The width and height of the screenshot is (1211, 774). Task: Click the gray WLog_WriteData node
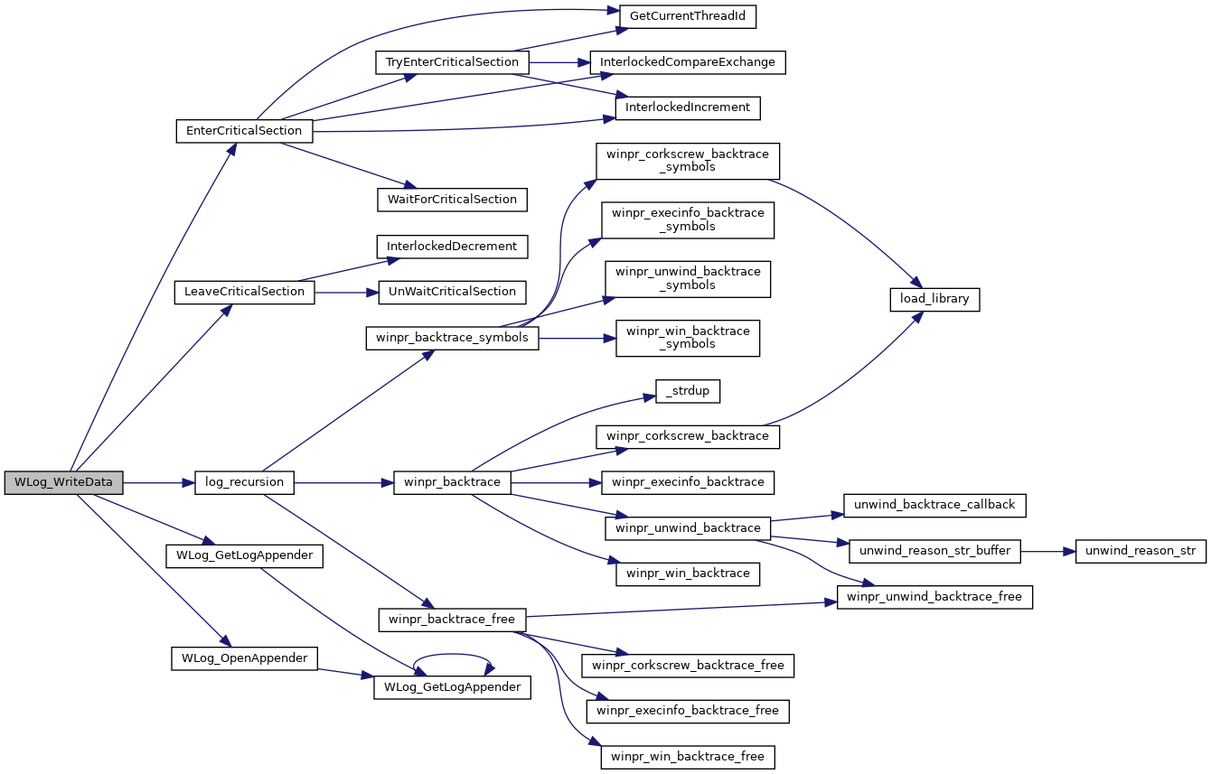pyautogui.click(x=64, y=482)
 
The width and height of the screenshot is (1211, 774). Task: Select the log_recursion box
pyautogui.click(x=244, y=482)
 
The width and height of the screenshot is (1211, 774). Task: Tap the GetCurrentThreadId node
pyautogui.click(x=687, y=17)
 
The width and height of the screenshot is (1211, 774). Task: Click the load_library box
pyautogui.click(x=934, y=299)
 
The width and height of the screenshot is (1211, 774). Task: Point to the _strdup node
pyautogui.click(x=688, y=391)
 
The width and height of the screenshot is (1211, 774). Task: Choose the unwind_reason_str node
pyautogui.click(x=1141, y=552)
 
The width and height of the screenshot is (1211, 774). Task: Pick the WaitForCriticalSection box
pyautogui.click(x=452, y=200)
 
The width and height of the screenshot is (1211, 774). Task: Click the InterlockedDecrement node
pyautogui.click(x=452, y=247)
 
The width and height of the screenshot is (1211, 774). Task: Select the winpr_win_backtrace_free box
pyautogui.click(x=688, y=757)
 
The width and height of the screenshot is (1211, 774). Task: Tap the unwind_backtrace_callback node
pyautogui.click(x=934, y=506)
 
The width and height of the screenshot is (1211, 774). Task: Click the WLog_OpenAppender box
pyautogui.click(x=244, y=658)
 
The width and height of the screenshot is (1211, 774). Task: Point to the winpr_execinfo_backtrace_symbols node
pyautogui.click(x=688, y=220)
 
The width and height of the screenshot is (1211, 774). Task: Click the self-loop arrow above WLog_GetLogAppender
pyautogui.click(x=452, y=655)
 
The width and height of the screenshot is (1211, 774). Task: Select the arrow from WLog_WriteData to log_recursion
pyautogui.click(x=159, y=483)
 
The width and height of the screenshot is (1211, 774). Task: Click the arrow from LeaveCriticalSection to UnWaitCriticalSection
pyautogui.click(x=346, y=293)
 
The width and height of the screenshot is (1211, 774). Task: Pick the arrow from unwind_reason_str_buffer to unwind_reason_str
pyautogui.click(x=1048, y=552)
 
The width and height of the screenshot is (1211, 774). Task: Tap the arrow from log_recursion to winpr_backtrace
pyautogui.click(x=343, y=483)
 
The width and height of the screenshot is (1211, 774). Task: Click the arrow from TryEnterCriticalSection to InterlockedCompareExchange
pyautogui.click(x=559, y=62)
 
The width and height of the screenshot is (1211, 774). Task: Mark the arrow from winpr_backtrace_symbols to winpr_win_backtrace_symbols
pyautogui.click(x=577, y=339)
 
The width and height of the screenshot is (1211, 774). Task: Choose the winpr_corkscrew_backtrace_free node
pyautogui.click(x=688, y=666)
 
